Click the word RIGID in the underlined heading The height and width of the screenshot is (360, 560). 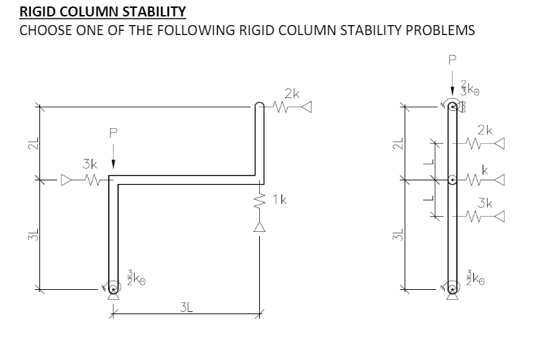click(39, 12)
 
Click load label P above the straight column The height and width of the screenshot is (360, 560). click(452, 60)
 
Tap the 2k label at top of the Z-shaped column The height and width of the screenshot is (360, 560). click(291, 94)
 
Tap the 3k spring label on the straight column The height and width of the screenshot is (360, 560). click(485, 203)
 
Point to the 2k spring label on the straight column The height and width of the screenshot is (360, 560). click(485, 131)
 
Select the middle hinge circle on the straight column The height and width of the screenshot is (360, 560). click(452, 180)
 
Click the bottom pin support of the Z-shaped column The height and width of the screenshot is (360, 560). click(112, 289)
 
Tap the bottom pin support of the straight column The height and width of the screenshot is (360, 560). click(452, 289)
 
